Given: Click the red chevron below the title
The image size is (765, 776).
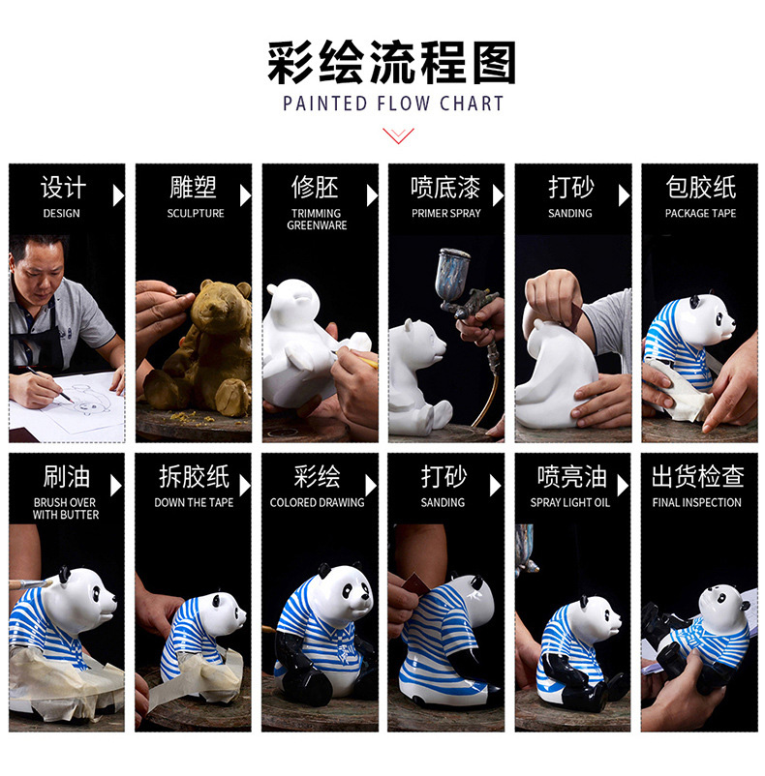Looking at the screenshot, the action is click(398, 135).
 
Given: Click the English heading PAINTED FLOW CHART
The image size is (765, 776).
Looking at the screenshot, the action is click(393, 104).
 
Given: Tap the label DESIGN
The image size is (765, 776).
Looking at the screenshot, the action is click(61, 213).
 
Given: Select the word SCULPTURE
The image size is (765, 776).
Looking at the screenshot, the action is click(196, 213).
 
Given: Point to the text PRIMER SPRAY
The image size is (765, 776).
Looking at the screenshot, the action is click(446, 213).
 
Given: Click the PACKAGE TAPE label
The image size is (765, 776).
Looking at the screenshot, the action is click(700, 213).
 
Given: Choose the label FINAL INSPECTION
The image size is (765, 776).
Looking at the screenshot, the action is click(696, 502).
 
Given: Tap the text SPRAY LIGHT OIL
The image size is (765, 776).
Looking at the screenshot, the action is click(570, 502).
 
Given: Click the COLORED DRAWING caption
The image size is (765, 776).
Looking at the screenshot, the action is click(317, 502).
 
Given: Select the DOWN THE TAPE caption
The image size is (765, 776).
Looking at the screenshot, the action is click(194, 502).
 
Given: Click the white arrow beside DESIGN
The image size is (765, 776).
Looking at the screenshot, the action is click(118, 195).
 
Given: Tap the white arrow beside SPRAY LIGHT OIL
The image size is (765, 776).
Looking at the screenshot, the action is click(623, 486).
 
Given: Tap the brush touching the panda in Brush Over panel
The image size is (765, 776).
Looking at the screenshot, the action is click(31, 584).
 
